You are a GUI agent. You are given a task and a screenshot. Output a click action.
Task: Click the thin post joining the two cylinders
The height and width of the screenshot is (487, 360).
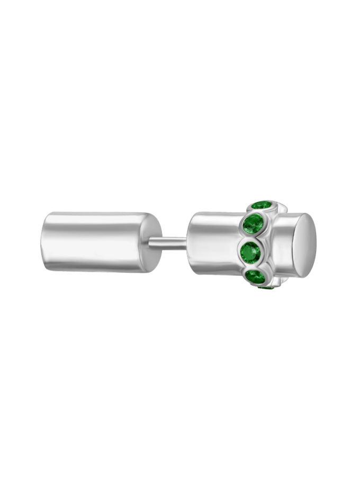(x=168, y=243)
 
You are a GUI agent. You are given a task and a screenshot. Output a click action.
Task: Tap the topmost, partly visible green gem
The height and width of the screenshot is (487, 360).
(x=262, y=205)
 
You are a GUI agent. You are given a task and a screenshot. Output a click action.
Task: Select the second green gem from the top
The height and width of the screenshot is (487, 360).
(x=254, y=224)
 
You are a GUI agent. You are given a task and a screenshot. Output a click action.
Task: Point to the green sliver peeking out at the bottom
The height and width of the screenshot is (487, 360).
(x=265, y=287)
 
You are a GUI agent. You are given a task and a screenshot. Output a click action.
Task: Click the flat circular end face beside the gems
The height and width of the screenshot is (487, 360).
(x=305, y=245)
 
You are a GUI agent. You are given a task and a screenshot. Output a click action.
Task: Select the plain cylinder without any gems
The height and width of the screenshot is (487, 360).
(x=95, y=242)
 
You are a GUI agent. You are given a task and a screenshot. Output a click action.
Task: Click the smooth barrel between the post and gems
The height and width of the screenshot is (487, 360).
(x=214, y=243)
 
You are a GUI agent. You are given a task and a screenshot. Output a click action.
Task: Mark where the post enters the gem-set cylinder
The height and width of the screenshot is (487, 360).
(x=187, y=243)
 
